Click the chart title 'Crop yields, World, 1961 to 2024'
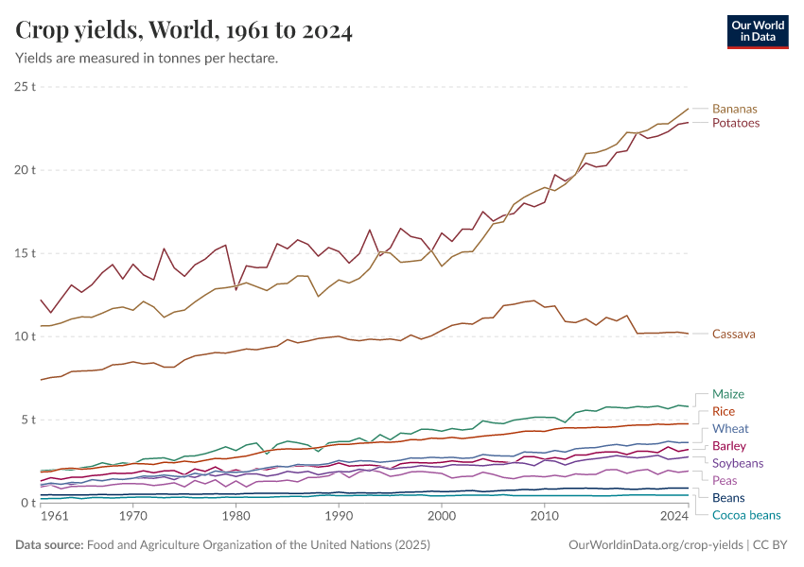[x=184, y=31]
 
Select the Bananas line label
[x=734, y=109]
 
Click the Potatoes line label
[x=735, y=123]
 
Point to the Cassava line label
[x=734, y=334]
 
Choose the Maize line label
[x=728, y=393]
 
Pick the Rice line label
[x=724, y=411]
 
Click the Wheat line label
[x=730, y=428]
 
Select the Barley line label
[x=729, y=446]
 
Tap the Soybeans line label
[x=738, y=463]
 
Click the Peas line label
[x=725, y=480]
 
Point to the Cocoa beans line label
[x=746, y=515]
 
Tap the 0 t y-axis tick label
[x=27, y=503]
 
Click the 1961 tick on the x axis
[x=54, y=517]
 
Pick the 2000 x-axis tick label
[x=441, y=517]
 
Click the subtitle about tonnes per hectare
[x=147, y=59]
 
